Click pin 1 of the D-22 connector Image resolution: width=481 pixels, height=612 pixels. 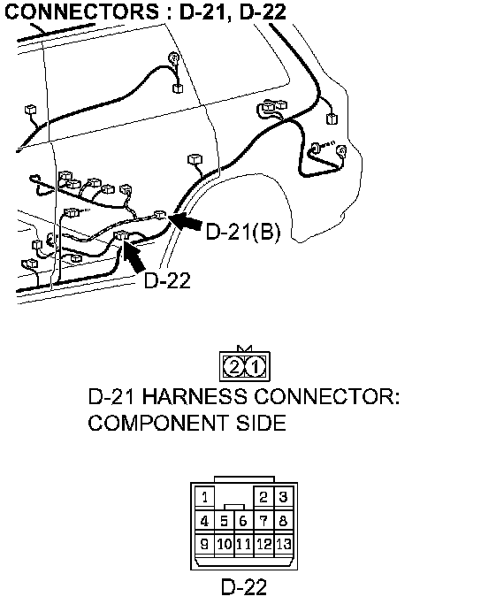click(204, 497)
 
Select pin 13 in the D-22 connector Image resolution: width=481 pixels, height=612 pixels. click(284, 544)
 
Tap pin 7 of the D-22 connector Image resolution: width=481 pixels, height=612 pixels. click(263, 520)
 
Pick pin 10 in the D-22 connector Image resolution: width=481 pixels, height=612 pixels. click(225, 544)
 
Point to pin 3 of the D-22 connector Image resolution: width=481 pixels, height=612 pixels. click(284, 497)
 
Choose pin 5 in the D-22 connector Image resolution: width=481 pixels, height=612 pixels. click(224, 521)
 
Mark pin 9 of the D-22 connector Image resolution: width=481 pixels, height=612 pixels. click(204, 544)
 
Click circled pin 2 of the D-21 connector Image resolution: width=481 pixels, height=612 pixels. click(233, 367)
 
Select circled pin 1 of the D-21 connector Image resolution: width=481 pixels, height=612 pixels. click(256, 367)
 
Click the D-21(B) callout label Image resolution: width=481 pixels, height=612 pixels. click(242, 232)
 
